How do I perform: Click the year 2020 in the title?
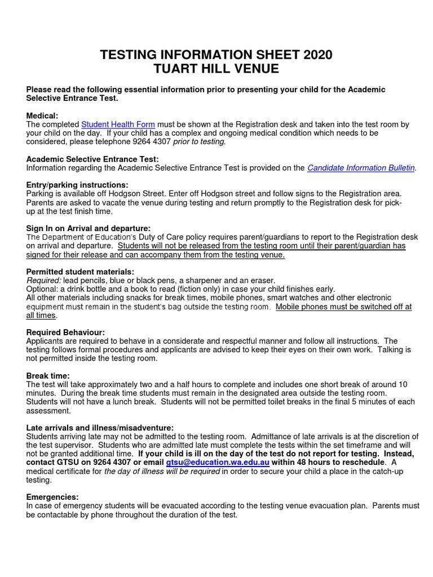coord(317,55)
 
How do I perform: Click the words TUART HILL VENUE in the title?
coord(216,69)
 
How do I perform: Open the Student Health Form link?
coord(118,125)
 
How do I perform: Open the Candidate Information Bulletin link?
coord(361,168)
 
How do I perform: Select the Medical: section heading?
coord(42,116)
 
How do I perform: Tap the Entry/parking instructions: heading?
coord(77,185)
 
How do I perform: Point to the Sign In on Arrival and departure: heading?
coord(88,228)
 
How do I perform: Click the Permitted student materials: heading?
coord(80,272)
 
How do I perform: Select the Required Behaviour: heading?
coord(65,332)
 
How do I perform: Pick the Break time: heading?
coord(48,375)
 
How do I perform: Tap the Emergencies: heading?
coord(52,497)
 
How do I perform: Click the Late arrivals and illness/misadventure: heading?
coord(100,428)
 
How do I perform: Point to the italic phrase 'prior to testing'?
coord(199,142)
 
